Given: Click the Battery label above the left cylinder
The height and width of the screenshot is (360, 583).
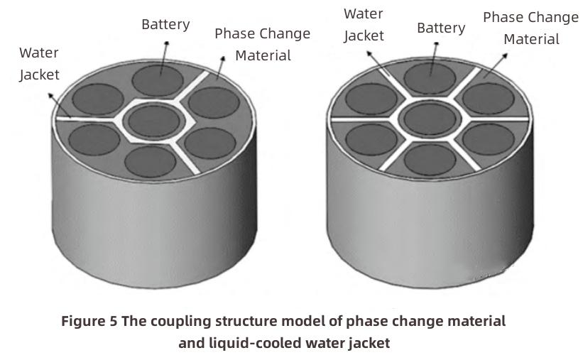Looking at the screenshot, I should (165, 24).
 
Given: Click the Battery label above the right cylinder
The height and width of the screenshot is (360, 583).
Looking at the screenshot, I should (441, 28).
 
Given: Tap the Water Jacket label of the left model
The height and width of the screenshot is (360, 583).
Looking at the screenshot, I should (39, 63).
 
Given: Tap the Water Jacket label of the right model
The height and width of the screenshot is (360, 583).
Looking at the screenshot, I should (364, 24).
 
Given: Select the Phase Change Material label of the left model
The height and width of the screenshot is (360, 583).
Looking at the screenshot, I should (262, 44).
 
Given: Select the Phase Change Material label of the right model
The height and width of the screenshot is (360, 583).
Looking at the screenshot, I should (530, 28).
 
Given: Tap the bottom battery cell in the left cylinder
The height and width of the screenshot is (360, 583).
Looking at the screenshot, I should (150, 160).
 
